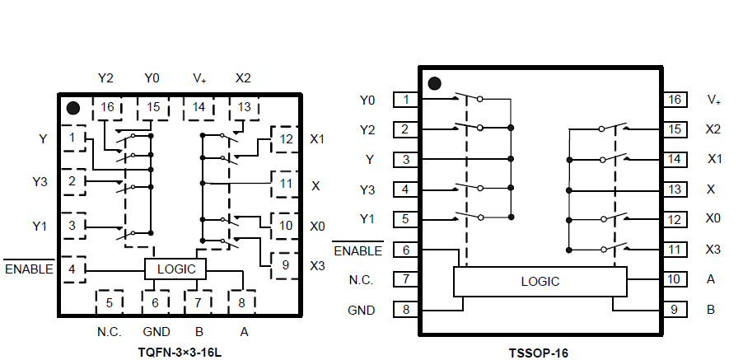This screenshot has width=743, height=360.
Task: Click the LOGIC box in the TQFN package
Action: pos(176,269)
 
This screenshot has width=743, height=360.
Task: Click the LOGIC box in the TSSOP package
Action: pos(540,281)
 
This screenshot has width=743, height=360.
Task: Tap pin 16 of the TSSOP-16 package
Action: pos(675,100)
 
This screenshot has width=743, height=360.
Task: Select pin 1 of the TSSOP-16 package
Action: pos(405,100)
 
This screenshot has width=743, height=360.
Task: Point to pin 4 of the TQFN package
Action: pos(73,269)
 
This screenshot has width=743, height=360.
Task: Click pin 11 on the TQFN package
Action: pos(285,184)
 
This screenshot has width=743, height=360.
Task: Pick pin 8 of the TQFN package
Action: pos(241,302)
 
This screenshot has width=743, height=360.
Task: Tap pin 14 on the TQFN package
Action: pos(199,107)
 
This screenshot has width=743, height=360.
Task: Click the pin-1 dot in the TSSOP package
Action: pos(435,83)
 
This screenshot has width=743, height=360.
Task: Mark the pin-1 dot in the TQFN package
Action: pos(72,108)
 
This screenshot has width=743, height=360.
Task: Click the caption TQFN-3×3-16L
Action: pos(180,351)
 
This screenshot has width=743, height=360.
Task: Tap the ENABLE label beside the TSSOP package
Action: pos(357,250)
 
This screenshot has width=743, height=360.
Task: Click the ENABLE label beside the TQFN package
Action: pos(29,269)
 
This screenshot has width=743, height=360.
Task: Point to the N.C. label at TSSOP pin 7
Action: pos(361,280)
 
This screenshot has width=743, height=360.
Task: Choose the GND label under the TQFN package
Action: pos(156,331)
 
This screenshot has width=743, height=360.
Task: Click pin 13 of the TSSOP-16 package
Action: pos(675,189)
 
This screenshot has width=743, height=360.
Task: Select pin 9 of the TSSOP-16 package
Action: pos(675,310)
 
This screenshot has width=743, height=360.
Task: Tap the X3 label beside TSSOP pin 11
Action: pos(713,250)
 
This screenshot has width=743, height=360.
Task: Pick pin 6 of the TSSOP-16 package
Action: pos(405,250)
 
